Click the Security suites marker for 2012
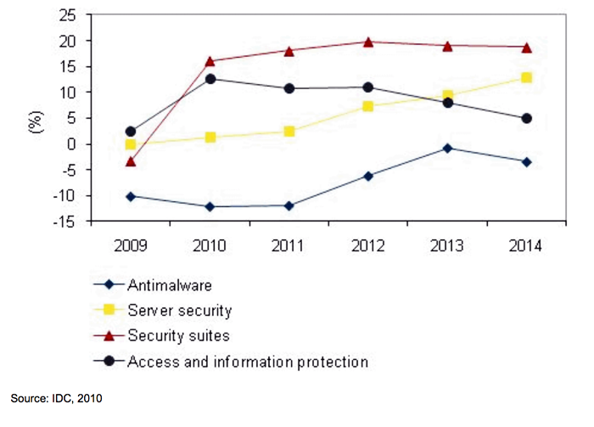368,42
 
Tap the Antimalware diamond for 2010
210,206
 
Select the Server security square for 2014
526,77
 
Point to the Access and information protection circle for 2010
210,79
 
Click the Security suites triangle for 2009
131,161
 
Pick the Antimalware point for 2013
447,148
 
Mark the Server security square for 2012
368,106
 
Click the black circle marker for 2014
526,118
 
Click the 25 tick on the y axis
64,15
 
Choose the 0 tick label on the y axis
70,144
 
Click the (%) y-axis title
35,118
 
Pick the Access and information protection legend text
247,362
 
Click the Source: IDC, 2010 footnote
57,397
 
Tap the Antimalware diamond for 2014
526,161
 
